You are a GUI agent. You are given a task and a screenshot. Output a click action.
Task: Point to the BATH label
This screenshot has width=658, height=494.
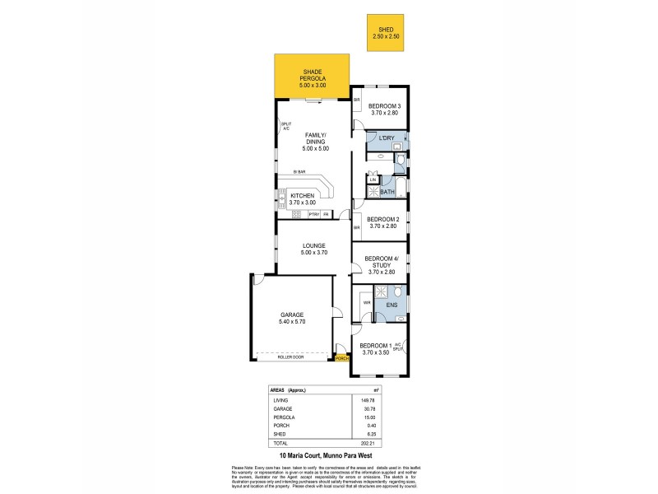pos(387,192)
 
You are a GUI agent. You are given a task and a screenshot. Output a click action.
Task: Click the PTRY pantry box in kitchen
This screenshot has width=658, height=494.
pos(313,214)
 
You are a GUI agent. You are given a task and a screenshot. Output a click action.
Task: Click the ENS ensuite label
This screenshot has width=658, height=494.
pos(392,305)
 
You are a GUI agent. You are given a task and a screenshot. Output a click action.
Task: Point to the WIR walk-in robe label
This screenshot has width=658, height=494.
pos(367,303)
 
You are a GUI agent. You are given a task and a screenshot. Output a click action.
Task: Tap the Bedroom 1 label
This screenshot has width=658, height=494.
pos(379,348)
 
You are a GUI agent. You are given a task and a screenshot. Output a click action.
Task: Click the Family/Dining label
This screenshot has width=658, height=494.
pos(317,142)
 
